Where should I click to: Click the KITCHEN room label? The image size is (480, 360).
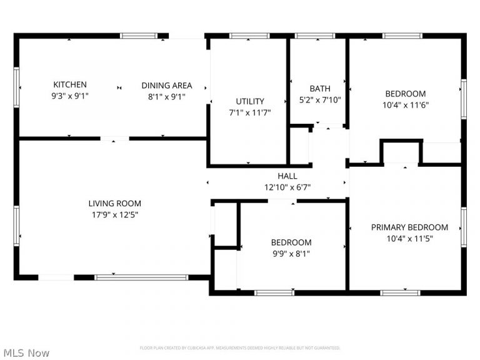[x=70, y=85]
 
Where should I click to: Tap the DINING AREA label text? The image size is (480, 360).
[x=166, y=86]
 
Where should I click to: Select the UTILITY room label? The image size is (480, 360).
[x=250, y=101]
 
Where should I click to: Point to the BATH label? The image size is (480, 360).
[x=320, y=89]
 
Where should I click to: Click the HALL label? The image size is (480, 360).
[x=287, y=176]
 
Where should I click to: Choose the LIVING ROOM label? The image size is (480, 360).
[x=114, y=203]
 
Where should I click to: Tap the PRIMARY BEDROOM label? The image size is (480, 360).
[x=409, y=227]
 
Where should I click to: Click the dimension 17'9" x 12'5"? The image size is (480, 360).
[x=114, y=215]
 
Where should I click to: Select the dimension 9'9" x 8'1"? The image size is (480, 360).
[x=291, y=254]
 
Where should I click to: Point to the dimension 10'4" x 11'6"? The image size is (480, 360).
[x=406, y=105]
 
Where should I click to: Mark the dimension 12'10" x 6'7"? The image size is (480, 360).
[x=287, y=187]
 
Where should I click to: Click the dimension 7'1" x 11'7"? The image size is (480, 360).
[x=250, y=112]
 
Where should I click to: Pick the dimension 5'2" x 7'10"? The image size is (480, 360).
[x=320, y=99]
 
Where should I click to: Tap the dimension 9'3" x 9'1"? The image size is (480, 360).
[x=70, y=96]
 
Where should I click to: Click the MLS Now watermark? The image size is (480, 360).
[x=25, y=353]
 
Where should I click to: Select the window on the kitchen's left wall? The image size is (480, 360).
[x=16, y=84]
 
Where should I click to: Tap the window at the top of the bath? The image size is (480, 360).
[x=316, y=36]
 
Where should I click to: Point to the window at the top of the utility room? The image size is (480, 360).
[x=249, y=36]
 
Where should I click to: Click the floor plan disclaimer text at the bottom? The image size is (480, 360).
[x=240, y=347]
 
